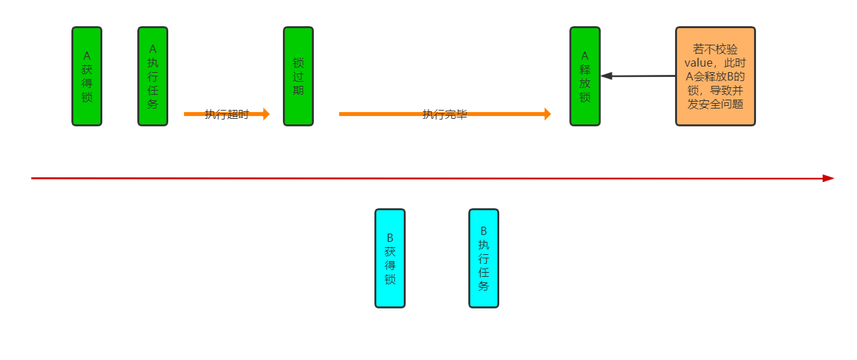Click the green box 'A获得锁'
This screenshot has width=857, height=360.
pos(87,76)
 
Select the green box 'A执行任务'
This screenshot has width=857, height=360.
pos(152,76)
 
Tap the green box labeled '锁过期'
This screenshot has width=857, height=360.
pos(298,76)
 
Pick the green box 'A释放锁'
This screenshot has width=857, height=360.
pos(584,76)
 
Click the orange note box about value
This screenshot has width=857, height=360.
pos(715,76)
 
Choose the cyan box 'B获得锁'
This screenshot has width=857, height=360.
pos(389,258)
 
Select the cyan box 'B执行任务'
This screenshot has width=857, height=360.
pos(483,258)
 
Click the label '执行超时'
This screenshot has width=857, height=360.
pos(227,115)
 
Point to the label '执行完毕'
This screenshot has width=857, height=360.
pos(444,115)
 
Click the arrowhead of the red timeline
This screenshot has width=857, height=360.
pos(828,178)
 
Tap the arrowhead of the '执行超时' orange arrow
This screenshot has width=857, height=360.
pos(266,114)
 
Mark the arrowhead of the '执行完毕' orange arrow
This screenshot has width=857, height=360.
pos(547,114)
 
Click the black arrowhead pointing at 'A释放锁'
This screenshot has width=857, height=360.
pos(606,76)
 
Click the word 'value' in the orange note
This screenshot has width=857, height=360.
pos(699,63)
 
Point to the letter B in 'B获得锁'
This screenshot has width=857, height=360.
pos(389,238)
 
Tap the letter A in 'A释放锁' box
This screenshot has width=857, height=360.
pos(584,56)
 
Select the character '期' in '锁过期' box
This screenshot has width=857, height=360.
pos(298,90)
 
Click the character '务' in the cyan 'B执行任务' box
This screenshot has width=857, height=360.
pos(483,286)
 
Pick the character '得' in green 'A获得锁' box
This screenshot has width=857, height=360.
pos(87,83)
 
